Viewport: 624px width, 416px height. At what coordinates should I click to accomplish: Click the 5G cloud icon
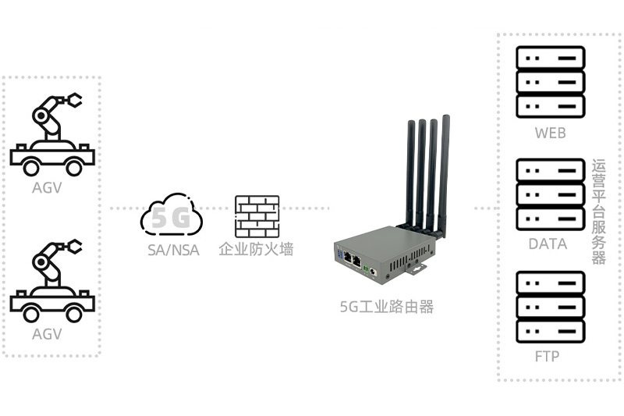click(x=172, y=218)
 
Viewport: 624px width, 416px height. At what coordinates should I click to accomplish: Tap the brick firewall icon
click(x=257, y=216)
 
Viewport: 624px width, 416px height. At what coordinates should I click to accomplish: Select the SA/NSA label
click(x=173, y=251)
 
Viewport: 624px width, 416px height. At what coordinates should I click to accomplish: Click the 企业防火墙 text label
click(x=256, y=251)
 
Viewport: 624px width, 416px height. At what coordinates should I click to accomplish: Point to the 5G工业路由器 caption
click(x=386, y=307)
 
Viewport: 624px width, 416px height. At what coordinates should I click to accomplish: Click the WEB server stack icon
click(x=550, y=81)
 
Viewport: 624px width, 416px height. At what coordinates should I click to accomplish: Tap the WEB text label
click(x=550, y=133)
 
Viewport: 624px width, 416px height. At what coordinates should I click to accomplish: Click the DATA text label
click(x=548, y=244)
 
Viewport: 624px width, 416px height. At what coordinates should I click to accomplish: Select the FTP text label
click(x=548, y=357)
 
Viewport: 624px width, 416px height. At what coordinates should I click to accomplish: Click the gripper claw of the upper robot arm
click(x=73, y=100)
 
